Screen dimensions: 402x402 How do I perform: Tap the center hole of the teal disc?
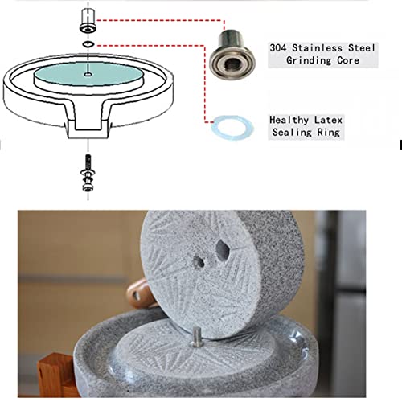point(86,74)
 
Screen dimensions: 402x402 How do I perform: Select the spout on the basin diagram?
point(85,125)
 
